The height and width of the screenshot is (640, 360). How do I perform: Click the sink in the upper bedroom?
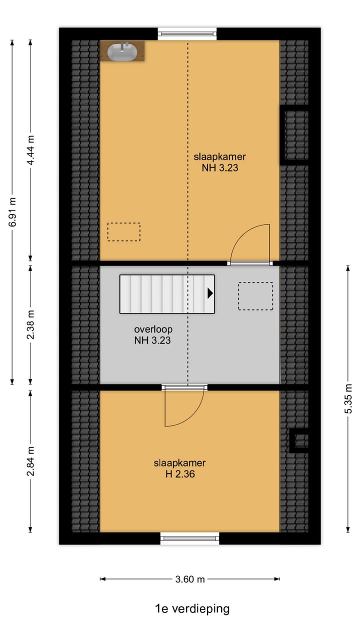click(x=122, y=50)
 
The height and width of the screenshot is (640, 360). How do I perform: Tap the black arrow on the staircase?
click(x=210, y=293)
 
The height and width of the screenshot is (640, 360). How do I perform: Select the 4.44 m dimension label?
click(x=30, y=150)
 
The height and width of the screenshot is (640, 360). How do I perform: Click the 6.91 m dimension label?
click(x=12, y=212)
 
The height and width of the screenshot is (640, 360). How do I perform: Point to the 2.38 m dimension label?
click(x=30, y=325)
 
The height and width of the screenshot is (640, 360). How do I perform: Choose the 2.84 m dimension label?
click(x=30, y=461)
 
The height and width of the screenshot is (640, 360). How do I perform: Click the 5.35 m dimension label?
click(x=348, y=398)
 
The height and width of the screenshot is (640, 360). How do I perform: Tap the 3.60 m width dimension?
click(x=190, y=579)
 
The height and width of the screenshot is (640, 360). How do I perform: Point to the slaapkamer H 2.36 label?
click(x=179, y=468)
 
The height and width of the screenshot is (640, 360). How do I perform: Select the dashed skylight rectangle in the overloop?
click(x=255, y=296)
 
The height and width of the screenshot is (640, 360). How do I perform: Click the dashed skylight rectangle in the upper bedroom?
click(x=124, y=232)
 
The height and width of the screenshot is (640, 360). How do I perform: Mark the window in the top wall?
click(x=187, y=34)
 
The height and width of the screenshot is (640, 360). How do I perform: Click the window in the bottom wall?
click(x=189, y=538)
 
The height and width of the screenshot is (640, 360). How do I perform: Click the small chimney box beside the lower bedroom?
click(x=300, y=440)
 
